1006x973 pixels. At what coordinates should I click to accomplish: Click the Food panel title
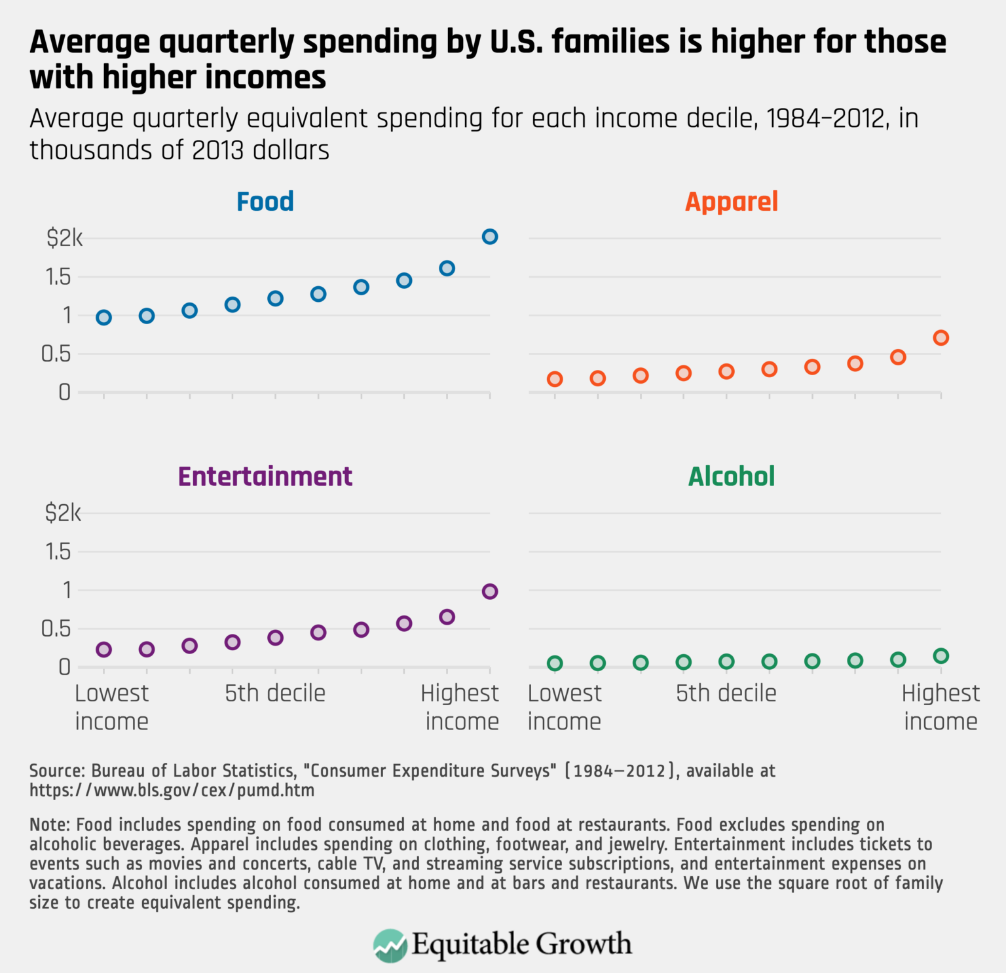tap(265, 202)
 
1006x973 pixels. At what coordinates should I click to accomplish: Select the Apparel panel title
tap(731, 202)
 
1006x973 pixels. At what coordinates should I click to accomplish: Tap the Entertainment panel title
tap(265, 477)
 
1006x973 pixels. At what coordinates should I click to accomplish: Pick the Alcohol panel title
tap(731, 477)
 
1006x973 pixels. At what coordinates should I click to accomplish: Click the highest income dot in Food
tap(490, 237)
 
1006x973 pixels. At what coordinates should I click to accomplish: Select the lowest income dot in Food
tap(103, 318)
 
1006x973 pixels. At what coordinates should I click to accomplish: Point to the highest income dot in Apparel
tap(941, 339)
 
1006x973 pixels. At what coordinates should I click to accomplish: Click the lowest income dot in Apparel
tap(555, 379)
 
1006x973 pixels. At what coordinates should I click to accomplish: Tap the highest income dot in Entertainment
tap(490, 592)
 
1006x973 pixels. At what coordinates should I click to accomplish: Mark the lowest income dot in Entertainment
tap(103, 650)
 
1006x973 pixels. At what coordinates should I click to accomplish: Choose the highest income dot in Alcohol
tap(941, 656)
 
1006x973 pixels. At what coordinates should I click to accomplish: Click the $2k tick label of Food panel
tap(64, 238)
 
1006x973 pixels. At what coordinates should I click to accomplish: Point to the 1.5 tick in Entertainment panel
tap(58, 552)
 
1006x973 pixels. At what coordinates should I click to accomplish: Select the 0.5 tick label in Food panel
tap(56, 354)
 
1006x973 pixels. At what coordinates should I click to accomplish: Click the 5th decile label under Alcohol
tap(726, 693)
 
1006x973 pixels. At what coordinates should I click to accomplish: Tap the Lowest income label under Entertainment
tap(111, 707)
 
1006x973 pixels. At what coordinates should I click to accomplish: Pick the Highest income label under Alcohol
tap(941, 707)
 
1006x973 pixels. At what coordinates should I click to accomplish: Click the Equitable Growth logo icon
tap(390, 945)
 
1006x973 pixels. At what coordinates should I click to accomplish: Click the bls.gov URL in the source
tap(172, 791)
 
